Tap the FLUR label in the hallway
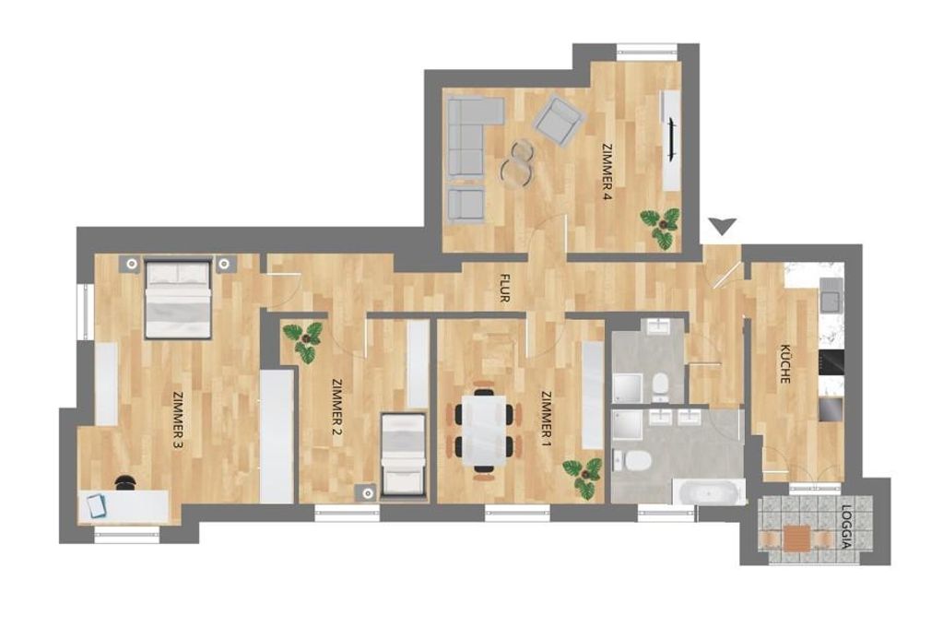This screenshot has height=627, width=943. pos(504,289)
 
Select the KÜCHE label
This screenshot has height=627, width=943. pos(784,363)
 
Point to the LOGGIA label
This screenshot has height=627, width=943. pos(847,527)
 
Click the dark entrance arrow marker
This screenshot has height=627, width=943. pos(723,226)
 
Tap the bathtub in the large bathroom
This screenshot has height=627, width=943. pos(709,492)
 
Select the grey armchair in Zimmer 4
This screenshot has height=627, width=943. pos(560,122)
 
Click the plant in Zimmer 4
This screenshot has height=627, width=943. pos(661,227)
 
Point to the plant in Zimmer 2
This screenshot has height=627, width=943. pos(307,342)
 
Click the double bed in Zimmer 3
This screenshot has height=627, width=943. pos(178,299)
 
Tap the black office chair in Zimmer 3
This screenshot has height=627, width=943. pos(125,482)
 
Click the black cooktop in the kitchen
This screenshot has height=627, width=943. pos(831,362)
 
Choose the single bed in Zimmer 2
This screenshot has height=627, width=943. pos(405,456)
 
